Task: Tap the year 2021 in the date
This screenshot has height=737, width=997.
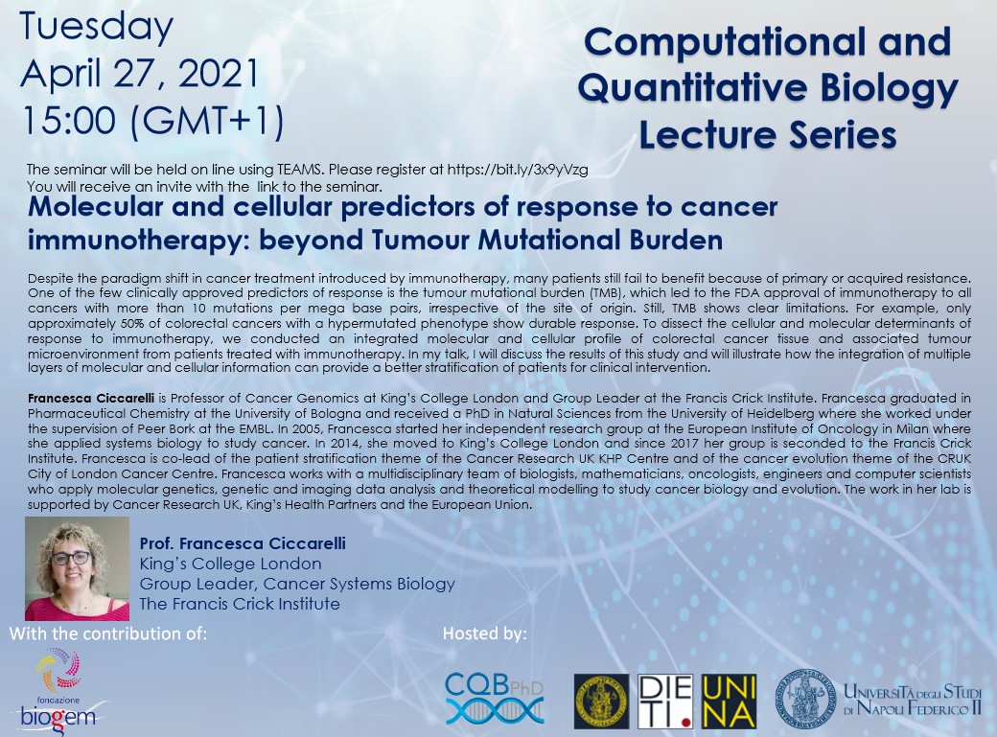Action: pos(220,74)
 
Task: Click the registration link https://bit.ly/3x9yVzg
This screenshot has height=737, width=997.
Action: pos(518,170)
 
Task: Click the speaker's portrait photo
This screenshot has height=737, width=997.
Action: pos(77,568)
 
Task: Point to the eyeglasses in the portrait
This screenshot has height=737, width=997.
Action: pos(71,558)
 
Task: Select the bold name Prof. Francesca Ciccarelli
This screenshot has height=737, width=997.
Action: pos(243,543)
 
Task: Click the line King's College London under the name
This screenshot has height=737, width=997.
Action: pos(230,564)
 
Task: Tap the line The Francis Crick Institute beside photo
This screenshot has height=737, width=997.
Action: pos(240,604)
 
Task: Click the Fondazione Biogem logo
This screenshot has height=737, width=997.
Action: pos(58,690)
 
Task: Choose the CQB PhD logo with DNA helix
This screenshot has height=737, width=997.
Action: pos(495,699)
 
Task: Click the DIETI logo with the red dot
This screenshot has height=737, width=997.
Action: pos(665,702)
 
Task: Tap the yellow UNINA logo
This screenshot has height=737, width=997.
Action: pos(729,702)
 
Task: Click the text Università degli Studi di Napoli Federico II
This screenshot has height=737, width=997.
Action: pos(913,700)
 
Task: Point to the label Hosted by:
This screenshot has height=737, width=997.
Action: pos(484,634)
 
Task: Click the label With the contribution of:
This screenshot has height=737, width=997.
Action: pos(108,634)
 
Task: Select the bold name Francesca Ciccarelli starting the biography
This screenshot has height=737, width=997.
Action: pos(91,399)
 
